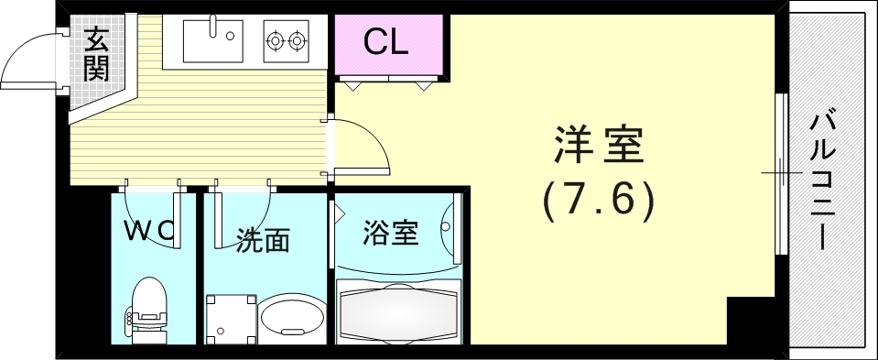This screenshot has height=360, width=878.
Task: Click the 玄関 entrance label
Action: click(x=96, y=54)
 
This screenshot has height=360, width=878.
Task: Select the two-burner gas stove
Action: click(x=285, y=40)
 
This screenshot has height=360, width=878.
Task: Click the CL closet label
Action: click(x=385, y=41)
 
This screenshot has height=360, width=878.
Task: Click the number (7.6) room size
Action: click(x=599, y=199)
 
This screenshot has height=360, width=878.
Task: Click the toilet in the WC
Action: click(x=147, y=307)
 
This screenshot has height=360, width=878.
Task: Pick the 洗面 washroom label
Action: click(x=263, y=240)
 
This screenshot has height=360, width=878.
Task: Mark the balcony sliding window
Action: click(x=781, y=174)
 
